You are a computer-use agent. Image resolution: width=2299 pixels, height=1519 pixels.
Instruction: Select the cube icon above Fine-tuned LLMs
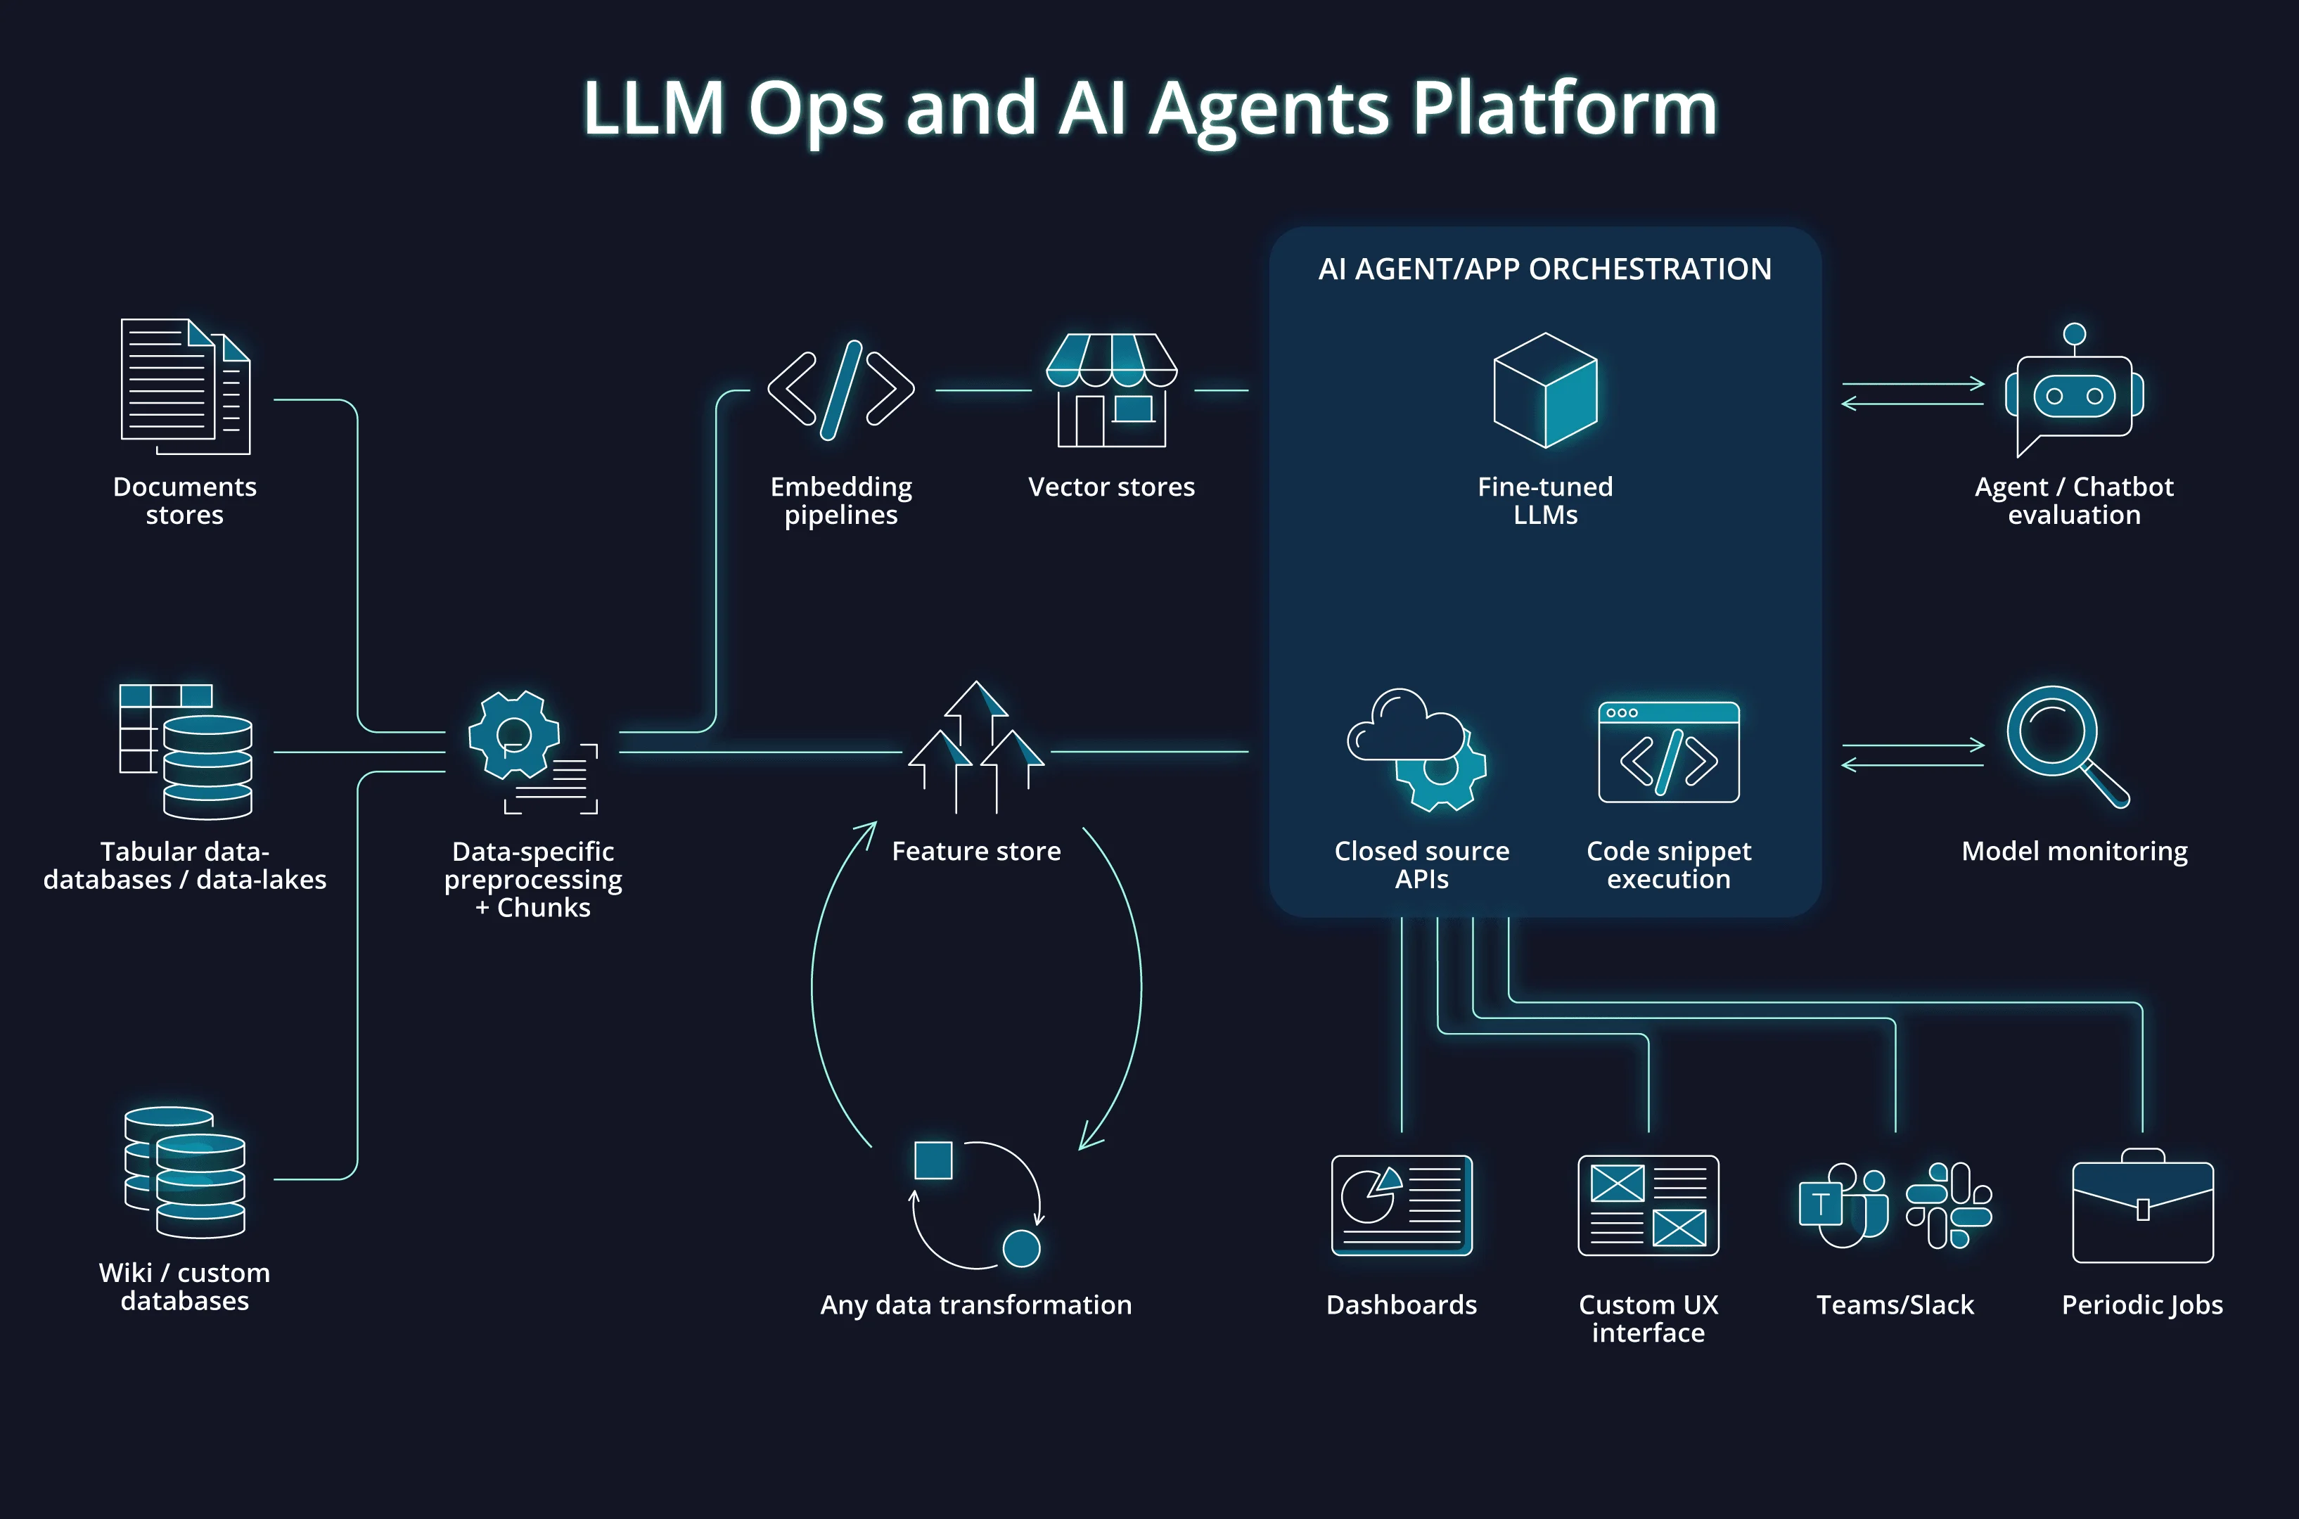pos(1545,390)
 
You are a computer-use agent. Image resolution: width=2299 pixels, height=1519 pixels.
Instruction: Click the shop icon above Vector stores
pos(1111,390)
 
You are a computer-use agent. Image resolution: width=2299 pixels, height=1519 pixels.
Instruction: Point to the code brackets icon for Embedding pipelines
pos(841,390)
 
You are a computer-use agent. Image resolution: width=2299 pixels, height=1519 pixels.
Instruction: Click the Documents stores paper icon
pos(185,387)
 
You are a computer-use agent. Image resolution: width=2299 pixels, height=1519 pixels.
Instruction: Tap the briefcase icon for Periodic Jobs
pos(2143,1206)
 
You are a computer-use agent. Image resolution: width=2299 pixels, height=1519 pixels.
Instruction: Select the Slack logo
pos(1948,1205)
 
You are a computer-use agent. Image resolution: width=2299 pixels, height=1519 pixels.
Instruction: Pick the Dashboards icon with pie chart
pos(1402,1205)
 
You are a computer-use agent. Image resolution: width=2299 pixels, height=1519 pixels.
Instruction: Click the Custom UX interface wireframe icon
pos(1648,1205)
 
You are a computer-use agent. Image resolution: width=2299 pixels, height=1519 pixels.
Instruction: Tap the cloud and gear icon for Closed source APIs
pos(1417,750)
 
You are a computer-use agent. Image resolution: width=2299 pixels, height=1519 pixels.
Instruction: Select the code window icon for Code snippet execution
pos(1668,752)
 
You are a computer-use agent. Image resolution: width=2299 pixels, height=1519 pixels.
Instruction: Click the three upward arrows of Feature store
pos(975,747)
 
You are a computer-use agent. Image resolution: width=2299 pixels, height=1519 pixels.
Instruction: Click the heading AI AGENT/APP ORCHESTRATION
pos(1545,269)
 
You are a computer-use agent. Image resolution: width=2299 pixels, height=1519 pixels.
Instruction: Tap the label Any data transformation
pos(975,1305)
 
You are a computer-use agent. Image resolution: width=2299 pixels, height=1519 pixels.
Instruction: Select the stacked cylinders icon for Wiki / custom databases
pos(185,1172)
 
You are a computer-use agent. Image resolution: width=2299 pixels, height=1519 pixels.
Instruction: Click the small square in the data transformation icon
pos(933,1160)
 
